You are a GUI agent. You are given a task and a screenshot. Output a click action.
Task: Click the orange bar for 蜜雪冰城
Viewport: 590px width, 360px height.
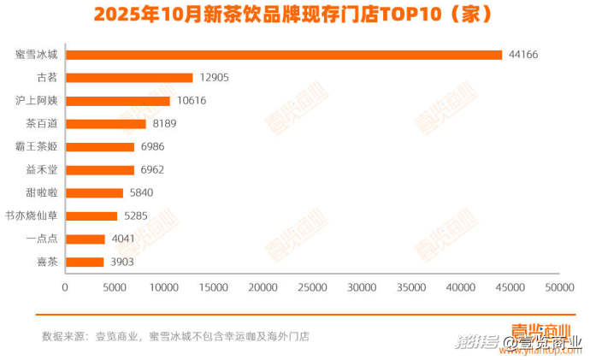click(x=284, y=55)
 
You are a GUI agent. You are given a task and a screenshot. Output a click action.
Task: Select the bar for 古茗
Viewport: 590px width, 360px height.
click(x=129, y=78)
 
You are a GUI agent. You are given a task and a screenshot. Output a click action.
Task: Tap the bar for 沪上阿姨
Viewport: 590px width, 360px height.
click(x=118, y=101)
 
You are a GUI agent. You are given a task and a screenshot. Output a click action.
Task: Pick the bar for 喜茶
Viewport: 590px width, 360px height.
click(x=85, y=262)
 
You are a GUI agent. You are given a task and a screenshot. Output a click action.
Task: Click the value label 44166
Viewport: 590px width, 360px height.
click(x=523, y=55)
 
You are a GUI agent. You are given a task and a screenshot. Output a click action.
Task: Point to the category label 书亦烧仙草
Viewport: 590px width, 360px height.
click(x=32, y=215)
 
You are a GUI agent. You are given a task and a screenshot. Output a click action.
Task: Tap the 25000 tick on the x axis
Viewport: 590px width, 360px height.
click(x=313, y=288)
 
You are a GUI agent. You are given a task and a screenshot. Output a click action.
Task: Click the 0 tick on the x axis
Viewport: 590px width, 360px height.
click(x=66, y=288)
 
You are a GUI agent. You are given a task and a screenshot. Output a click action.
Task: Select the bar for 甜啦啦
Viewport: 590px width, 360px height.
click(x=94, y=192)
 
